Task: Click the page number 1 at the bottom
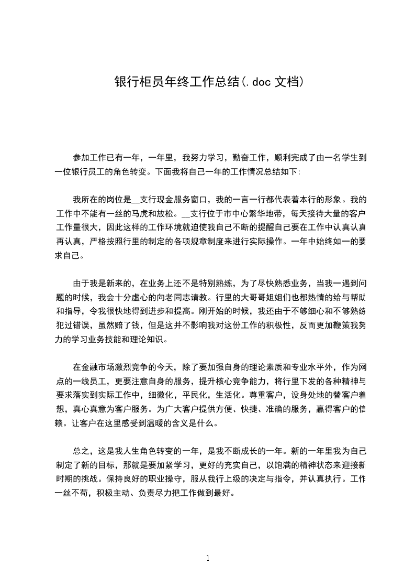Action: pos(208,558)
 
